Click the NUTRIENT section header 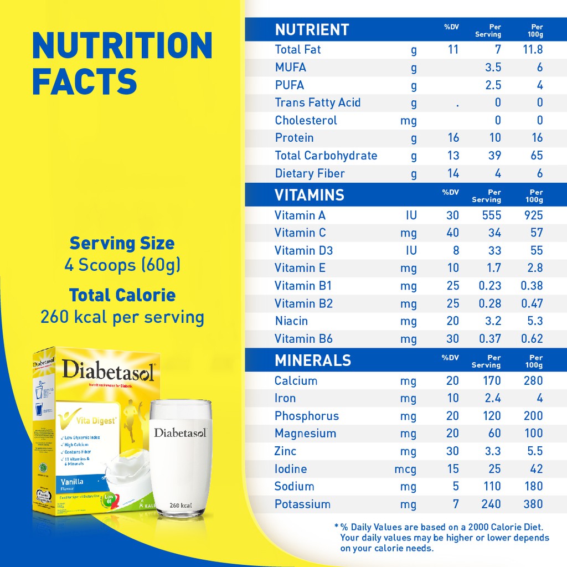pos(312,29)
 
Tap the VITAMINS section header pos(309,195)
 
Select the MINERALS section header pos(312,360)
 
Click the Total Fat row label pos(298,49)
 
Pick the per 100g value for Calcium pos(533,380)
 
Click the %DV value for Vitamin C pos(452,233)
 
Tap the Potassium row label pos(302,504)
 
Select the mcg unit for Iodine pos(405,469)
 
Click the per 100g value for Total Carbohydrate pos(536,156)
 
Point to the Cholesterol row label pos(306,120)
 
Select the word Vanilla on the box pos(71,482)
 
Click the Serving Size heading pos(122,243)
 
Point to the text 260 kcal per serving pos(122,317)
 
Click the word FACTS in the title pos(84,81)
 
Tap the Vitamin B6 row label pos(303,338)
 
